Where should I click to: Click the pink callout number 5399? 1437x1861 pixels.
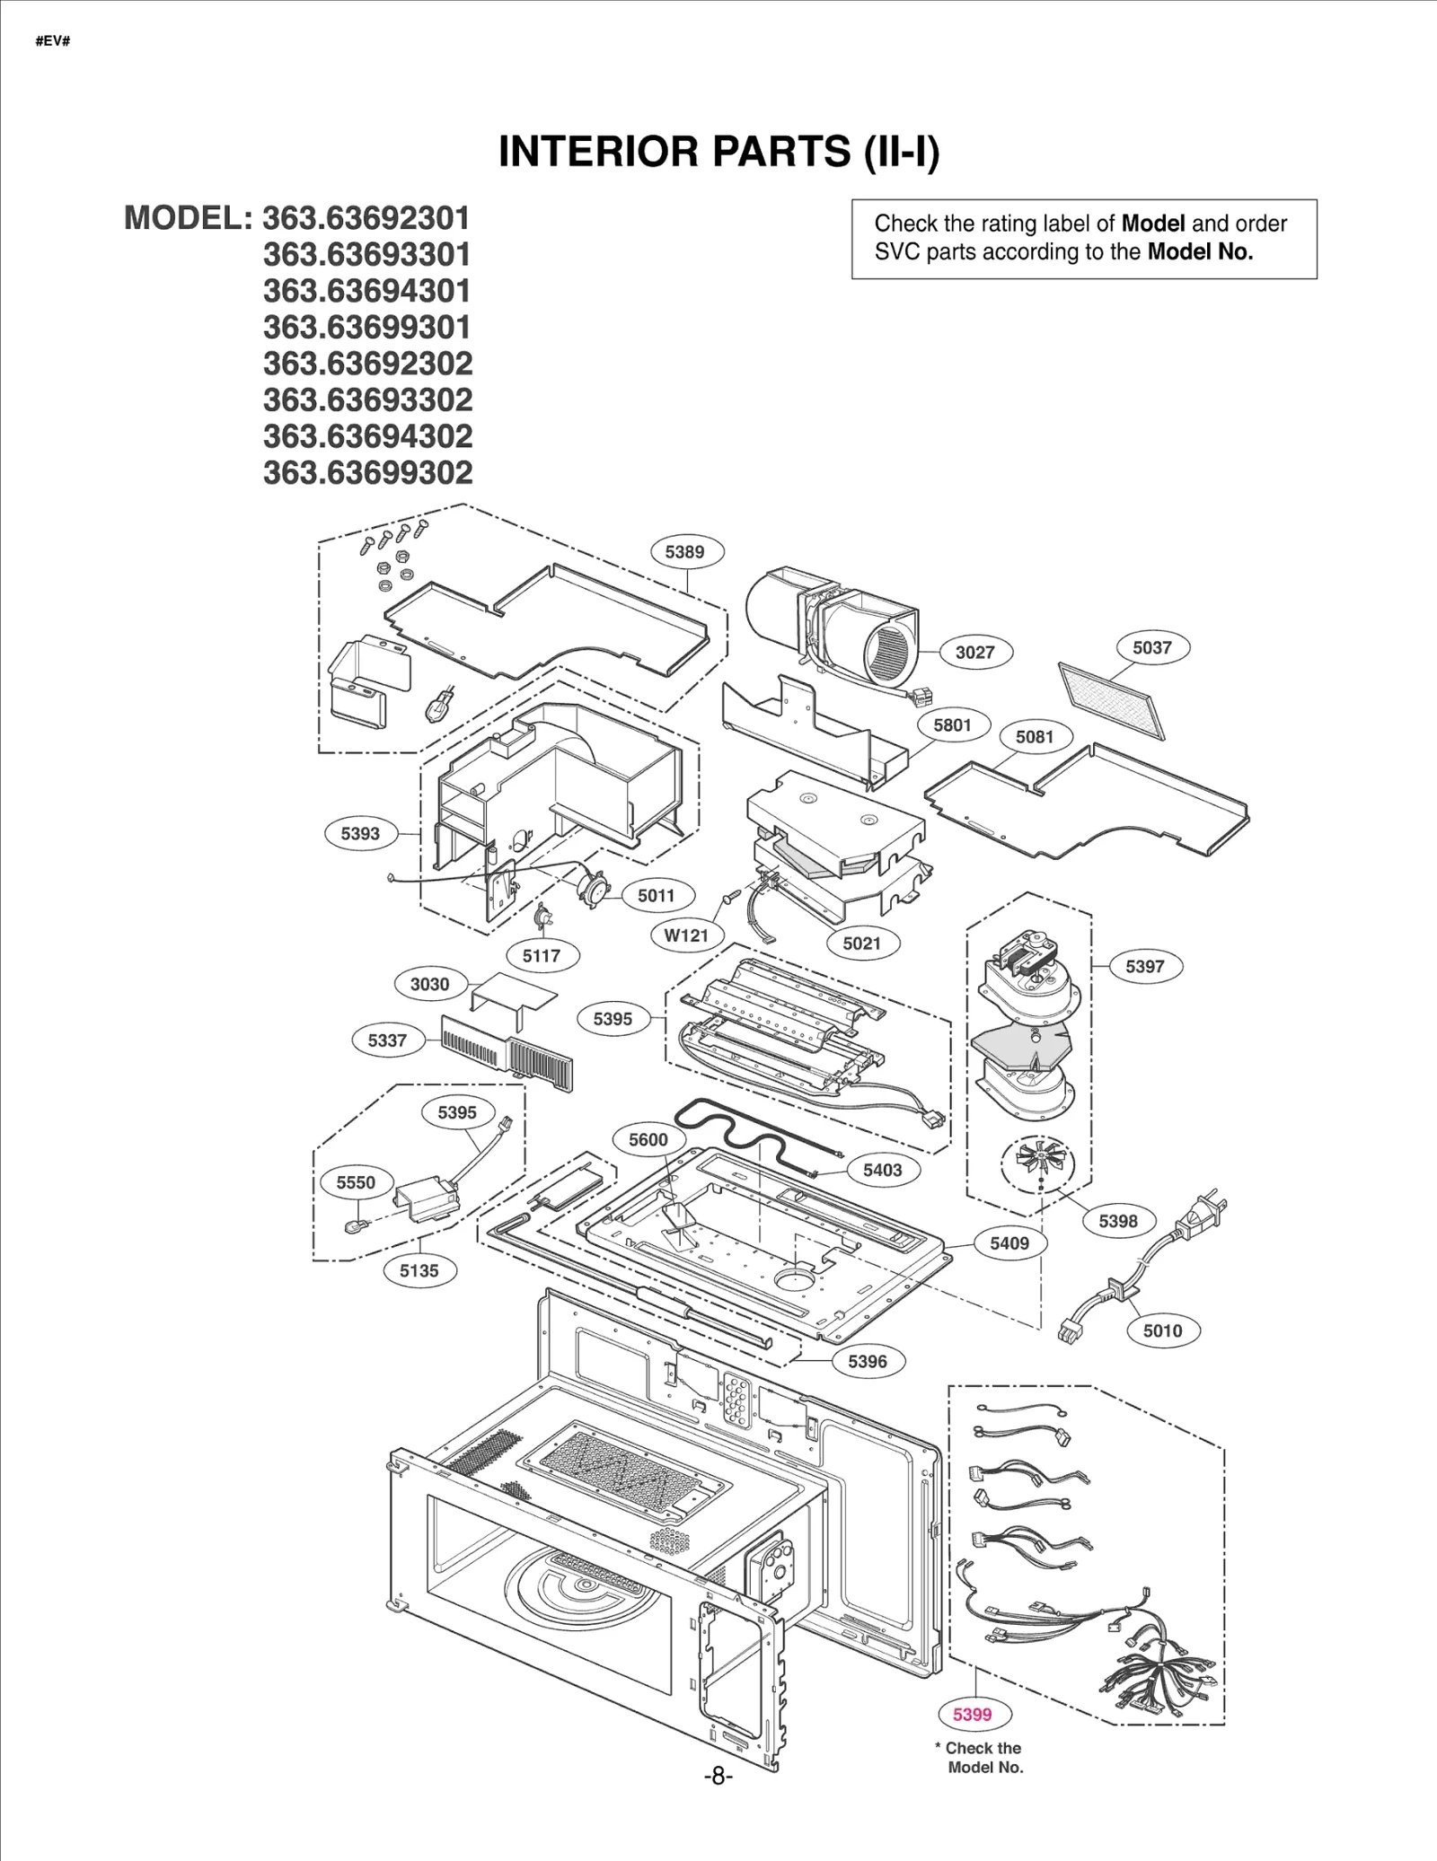972,1714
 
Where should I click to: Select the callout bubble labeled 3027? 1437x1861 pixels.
974,652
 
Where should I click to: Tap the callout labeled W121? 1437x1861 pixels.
686,935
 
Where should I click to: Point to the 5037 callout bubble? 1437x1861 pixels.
1151,647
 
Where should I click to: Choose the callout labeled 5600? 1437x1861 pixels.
648,1139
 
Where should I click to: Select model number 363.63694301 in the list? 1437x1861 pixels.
366,291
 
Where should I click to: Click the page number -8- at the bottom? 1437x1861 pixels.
718,1777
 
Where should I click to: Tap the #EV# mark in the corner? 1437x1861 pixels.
53,41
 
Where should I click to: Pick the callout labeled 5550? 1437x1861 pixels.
356,1182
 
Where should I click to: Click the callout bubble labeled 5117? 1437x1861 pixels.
542,955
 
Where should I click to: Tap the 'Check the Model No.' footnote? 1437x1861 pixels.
983,1757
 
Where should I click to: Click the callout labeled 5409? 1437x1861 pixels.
1009,1242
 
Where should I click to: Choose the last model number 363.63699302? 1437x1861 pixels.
366,472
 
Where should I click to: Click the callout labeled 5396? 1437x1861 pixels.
867,1361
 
